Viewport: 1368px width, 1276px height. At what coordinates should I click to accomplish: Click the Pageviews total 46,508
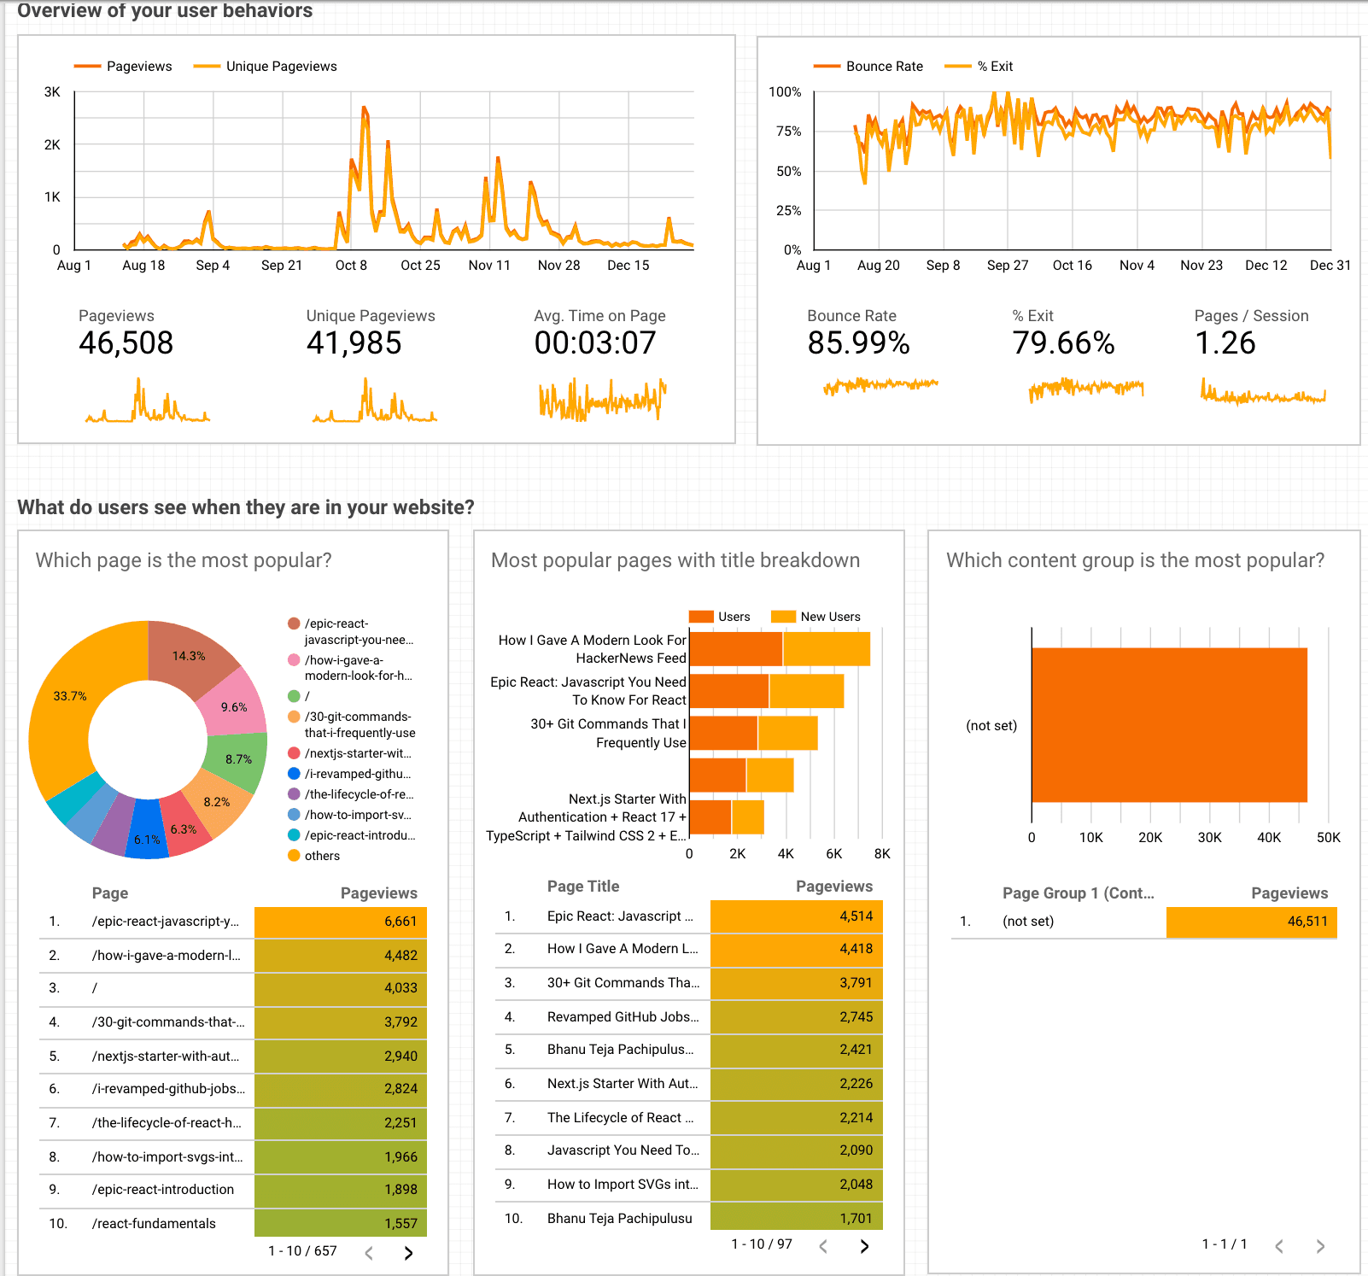point(126,343)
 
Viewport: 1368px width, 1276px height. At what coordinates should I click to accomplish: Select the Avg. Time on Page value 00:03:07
point(595,343)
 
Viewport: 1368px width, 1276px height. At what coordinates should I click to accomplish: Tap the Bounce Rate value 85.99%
point(858,343)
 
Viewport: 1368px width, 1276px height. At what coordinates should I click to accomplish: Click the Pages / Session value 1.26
point(1225,343)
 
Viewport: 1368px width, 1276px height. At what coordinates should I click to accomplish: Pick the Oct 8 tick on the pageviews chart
point(351,266)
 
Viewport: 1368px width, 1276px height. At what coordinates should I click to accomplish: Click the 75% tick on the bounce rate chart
point(788,132)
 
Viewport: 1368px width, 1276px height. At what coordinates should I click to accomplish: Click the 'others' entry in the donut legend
point(322,856)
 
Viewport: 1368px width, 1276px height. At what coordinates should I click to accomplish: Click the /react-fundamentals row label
point(154,1224)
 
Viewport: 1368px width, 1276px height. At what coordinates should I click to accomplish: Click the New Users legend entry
point(829,617)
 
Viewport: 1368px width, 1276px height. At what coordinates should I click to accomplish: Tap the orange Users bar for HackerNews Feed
point(735,649)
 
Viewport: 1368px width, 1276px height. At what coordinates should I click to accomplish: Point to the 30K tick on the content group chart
point(1209,838)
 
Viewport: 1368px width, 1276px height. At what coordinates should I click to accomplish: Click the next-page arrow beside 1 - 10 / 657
point(408,1253)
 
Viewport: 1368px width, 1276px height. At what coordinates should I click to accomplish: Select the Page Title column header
point(583,887)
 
